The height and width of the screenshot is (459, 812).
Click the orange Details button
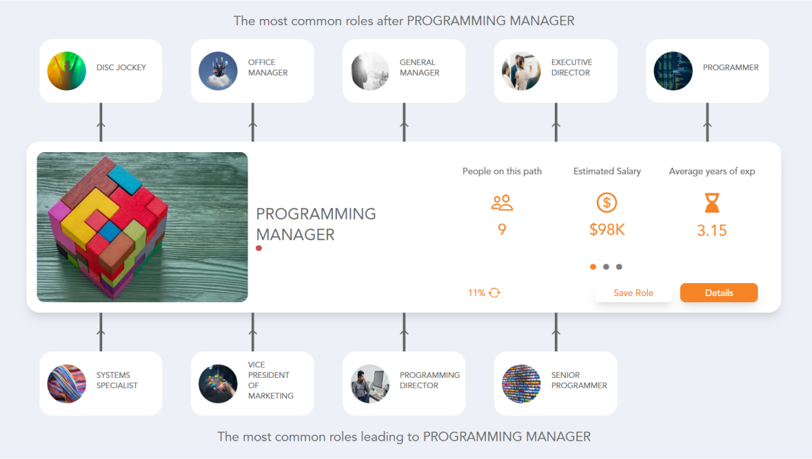(719, 293)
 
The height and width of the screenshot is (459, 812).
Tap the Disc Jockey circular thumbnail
(67, 71)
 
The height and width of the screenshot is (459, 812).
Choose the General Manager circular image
(370, 71)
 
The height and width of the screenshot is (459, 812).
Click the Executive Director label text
(571, 68)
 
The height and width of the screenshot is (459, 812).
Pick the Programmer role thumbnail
(673, 71)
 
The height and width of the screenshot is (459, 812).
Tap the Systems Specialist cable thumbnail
(67, 383)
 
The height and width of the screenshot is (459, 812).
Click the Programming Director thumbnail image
(370, 383)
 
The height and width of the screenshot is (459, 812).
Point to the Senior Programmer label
(579, 381)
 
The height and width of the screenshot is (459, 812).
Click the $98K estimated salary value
(607, 230)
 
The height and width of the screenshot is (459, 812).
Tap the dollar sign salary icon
(607, 202)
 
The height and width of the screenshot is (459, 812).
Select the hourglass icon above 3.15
(712, 202)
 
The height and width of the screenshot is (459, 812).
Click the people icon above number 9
(502, 202)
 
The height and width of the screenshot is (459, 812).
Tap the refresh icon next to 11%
(495, 293)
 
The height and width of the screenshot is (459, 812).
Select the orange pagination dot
(593, 267)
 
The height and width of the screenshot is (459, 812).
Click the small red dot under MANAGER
(259, 249)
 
